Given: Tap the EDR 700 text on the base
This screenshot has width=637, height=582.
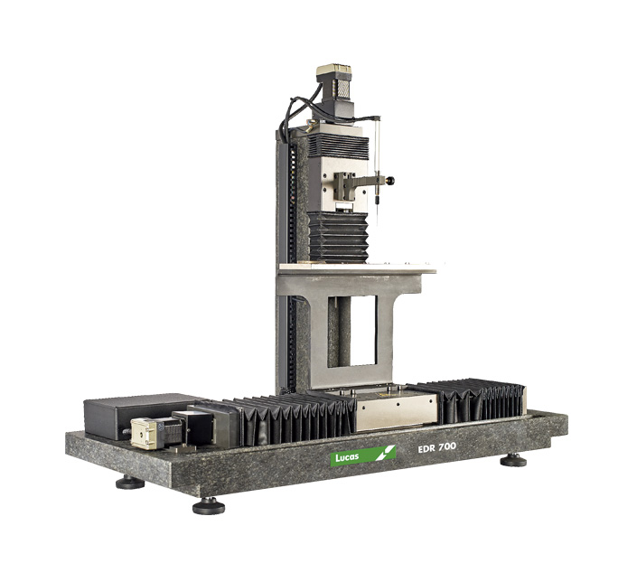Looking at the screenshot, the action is pos(436,447).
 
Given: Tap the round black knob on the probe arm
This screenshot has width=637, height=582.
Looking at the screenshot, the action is pos(391,180).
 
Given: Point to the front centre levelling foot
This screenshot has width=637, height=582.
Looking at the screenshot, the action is pos(209,506).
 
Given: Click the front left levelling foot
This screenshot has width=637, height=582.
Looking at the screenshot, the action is pos(130,483).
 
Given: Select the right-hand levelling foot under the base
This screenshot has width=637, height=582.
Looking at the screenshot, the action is pos(513,461).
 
